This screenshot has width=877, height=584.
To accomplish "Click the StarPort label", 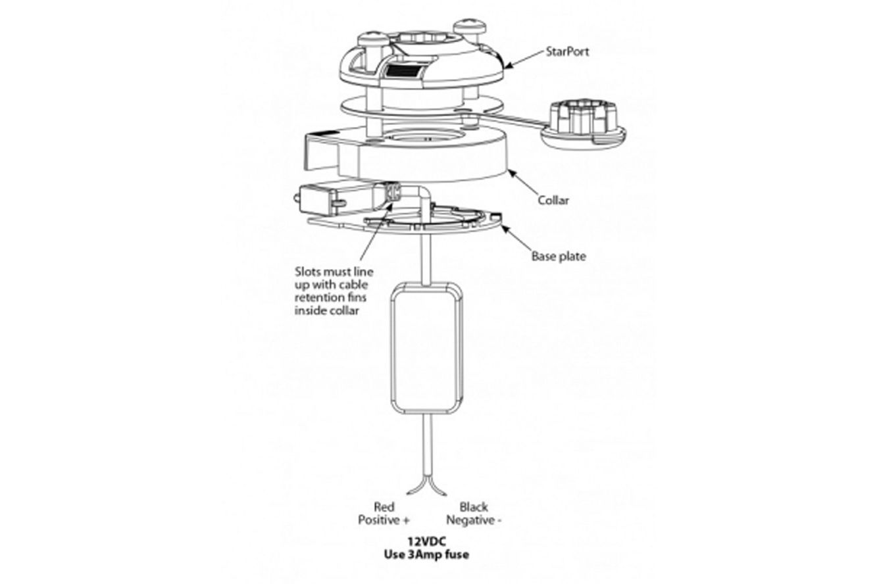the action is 567,51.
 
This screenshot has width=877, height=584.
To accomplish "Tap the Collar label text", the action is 553,200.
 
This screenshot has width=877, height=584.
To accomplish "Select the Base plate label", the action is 559,256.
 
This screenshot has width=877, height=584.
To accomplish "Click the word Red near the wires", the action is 384,507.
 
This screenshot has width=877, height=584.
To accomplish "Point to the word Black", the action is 474,507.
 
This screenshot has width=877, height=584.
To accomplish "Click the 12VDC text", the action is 427,542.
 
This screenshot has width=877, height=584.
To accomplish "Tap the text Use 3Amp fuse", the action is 427,554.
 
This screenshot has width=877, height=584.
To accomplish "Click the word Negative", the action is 470,520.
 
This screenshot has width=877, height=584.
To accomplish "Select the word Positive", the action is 378,520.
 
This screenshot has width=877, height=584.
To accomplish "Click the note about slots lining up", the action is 334,291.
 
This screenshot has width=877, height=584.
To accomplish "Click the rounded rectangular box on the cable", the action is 427,349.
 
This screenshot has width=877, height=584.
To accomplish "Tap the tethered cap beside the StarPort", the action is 584,124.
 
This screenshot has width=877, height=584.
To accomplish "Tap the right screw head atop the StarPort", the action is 470,26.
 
